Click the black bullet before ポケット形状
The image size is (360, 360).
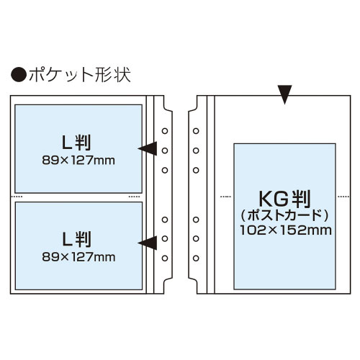click(x=19, y=75)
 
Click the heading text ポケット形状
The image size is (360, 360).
click(x=80, y=75)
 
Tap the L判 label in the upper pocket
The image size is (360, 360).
click(x=76, y=143)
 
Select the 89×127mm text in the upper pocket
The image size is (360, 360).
click(x=78, y=161)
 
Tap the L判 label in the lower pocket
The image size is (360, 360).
click(x=76, y=239)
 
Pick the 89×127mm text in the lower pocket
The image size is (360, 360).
click(x=78, y=257)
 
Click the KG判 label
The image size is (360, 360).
click(x=284, y=199)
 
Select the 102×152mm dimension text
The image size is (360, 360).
click(x=286, y=230)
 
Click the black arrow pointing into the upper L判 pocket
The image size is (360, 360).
click(x=148, y=148)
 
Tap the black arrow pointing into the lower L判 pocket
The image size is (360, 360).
click(x=148, y=243)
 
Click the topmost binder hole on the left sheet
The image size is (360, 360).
click(x=165, y=131)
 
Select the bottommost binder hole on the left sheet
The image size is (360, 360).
click(x=165, y=258)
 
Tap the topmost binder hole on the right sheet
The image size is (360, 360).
click(x=196, y=131)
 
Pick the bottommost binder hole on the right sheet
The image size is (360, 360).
click(x=196, y=258)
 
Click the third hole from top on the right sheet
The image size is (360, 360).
click(x=196, y=170)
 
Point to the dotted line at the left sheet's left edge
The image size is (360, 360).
click(x=17, y=197)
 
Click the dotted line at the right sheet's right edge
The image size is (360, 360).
click(x=343, y=197)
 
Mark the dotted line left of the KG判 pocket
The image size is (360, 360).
click(x=225, y=197)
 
